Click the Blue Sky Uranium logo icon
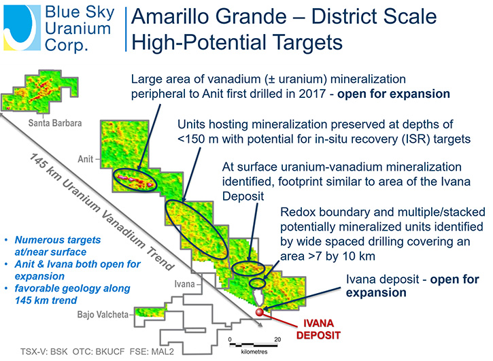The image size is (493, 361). pyautogui.click(x=22, y=28)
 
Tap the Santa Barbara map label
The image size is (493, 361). pyautogui.click(x=54, y=123)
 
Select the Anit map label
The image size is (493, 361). pyautogui.click(x=86, y=159)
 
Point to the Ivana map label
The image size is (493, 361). pyautogui.click(x=184, y=284)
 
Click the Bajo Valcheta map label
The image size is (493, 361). pyautogui.click(x=103, y=315)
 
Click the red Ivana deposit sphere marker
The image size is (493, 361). pyautogui.click(x=260, y=312)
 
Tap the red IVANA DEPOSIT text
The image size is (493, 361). pyautogui.click(x=318, y=329)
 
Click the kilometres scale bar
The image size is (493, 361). pyautogui.click(x=254, y=345)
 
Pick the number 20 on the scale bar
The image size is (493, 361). pyautogui.click(x=277, y=339)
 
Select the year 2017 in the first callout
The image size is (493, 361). pyautogui.click(x=311, y=94)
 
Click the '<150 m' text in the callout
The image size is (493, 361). pyautogui.click(x=198, y=139)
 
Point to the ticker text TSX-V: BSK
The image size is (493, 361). pyautogui.click(x=44, y=351)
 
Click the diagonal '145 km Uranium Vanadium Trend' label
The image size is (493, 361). pyautogui.click(x=101, y=212)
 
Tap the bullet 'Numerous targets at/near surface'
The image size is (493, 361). pyautogui.click(x=57, y=246)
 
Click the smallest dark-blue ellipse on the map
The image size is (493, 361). pyautogui.click(x=258, y=283)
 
